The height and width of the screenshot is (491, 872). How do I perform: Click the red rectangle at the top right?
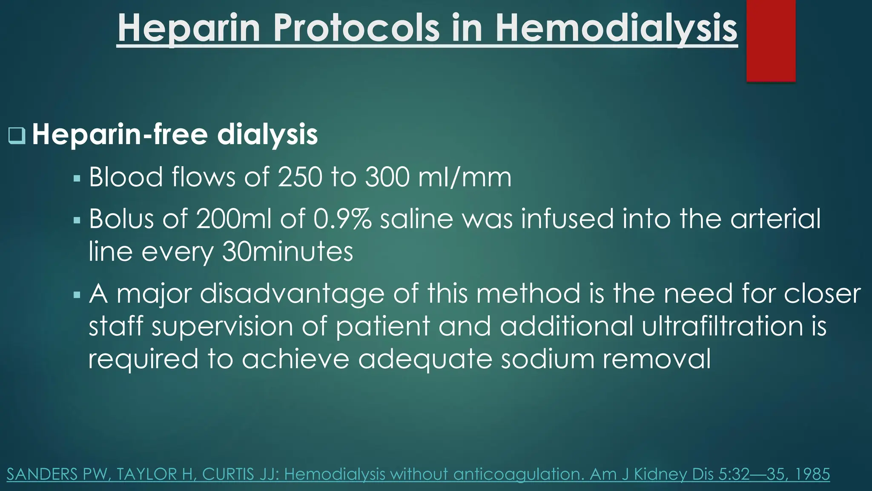point(771,40)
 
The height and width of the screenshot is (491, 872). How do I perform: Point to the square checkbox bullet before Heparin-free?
point(17,136)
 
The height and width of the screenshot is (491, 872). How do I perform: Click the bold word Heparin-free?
point(120,134)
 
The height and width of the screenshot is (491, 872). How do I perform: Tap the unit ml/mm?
point(465,177)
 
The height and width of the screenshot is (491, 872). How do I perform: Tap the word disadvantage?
point(292,294)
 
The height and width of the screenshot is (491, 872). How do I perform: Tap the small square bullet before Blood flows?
point(77,178)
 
